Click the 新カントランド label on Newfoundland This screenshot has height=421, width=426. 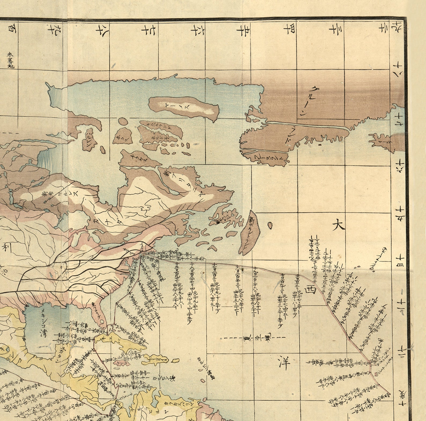point(250,232)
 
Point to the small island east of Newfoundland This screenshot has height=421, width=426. point(270,225)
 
